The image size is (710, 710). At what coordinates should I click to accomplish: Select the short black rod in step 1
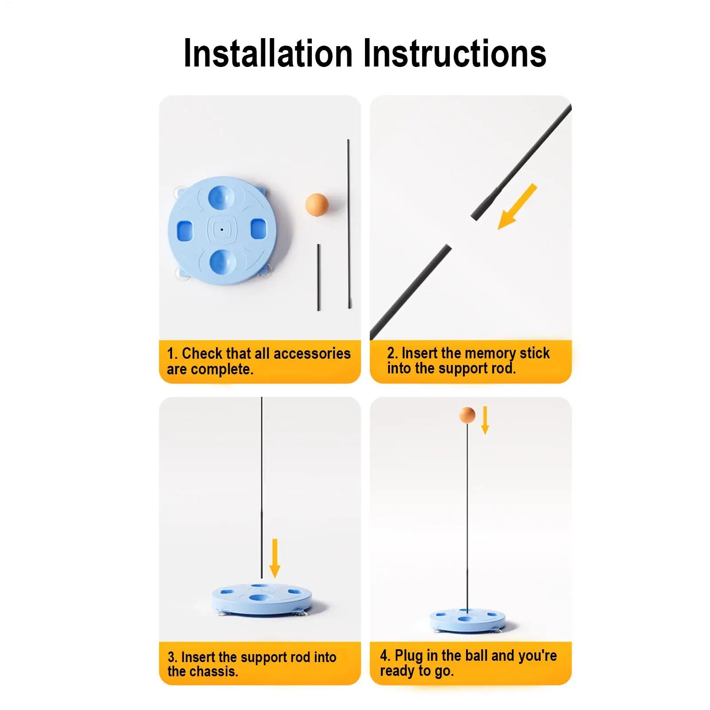pos(318,277)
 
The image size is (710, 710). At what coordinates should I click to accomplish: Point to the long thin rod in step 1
pos(349,224)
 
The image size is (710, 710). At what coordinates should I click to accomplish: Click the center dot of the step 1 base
pos(222,230)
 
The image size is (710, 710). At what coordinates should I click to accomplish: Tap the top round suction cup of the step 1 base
pos(223,197)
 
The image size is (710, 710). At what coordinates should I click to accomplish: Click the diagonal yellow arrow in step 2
pos(517,207)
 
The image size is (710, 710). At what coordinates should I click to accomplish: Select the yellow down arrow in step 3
pos(275,558)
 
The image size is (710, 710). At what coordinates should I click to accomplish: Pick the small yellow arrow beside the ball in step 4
pos(485,420)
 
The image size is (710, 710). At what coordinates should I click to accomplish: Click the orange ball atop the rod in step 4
pos(467,415)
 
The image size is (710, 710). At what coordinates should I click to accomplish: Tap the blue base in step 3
pos(262,599)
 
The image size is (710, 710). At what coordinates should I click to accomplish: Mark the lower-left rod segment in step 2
pos(411,292)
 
